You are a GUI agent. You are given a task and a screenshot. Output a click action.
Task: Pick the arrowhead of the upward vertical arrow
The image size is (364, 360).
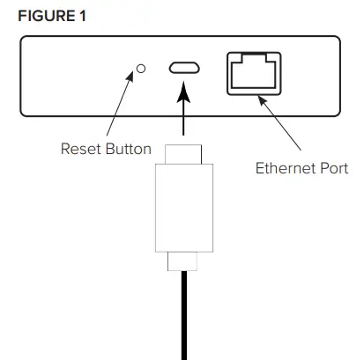coord(183,90)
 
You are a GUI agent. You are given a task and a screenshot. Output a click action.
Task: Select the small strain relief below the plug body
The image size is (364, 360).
coord(183,262)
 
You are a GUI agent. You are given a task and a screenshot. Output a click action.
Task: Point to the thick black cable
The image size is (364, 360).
coord(183,317)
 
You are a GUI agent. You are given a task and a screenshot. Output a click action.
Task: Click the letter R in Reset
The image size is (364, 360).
coord(64,147)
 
